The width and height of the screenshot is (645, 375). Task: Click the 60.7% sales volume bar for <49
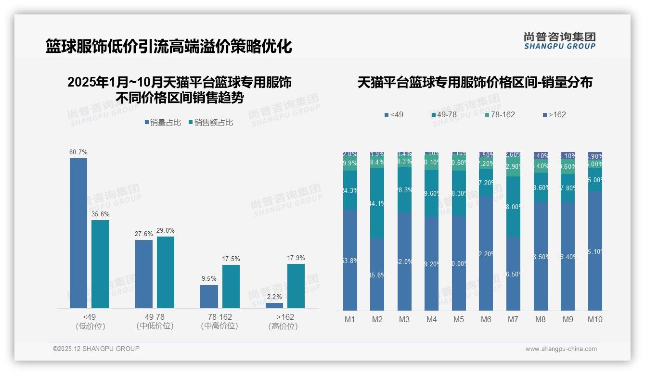78,233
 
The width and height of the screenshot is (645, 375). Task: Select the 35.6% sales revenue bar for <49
100,264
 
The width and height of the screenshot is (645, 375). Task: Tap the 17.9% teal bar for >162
296,286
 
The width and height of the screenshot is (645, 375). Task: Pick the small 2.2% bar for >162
274,305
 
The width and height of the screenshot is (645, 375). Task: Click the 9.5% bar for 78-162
209,297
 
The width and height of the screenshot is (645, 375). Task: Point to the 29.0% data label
166,231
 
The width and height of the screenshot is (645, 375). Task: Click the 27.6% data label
144,234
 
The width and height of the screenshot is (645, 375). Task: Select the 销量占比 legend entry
163,123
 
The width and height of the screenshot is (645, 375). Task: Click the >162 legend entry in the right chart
555,115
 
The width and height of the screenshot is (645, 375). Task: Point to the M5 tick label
458,319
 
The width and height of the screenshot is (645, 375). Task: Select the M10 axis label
595,319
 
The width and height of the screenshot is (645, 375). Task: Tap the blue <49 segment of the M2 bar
377,275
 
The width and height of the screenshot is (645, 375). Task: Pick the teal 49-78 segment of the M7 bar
513,207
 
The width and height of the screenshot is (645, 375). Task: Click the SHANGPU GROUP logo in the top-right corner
560,41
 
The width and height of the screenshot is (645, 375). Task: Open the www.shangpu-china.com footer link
561,349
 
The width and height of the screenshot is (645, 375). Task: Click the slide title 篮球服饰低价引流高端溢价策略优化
169,47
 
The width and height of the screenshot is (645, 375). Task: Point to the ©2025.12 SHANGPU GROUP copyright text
96,349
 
